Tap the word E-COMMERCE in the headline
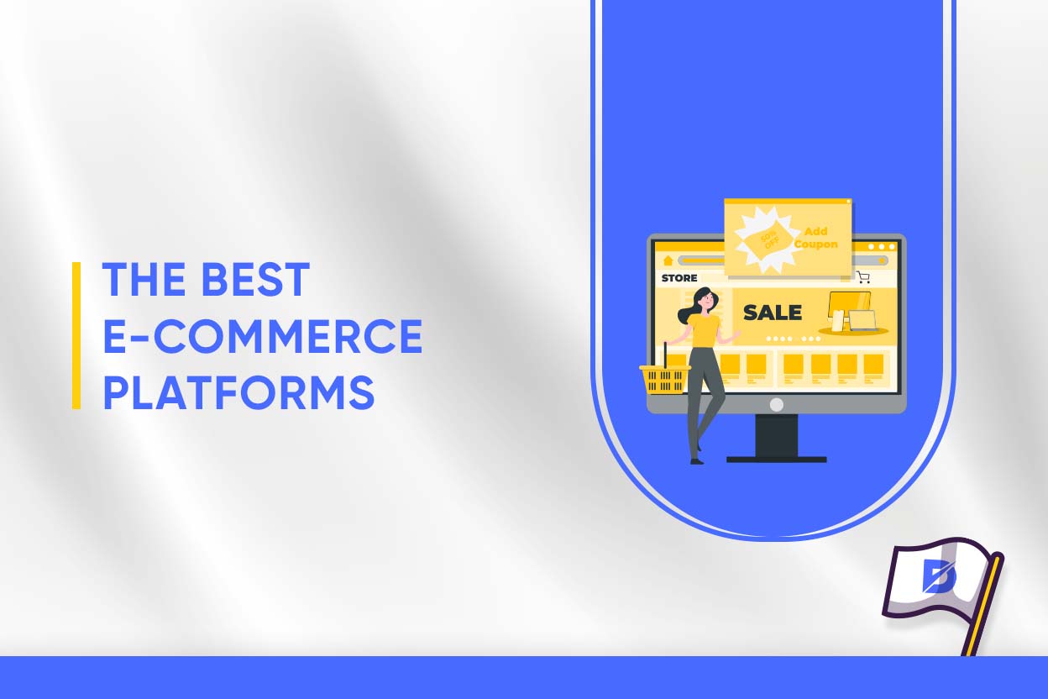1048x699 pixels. (262, 336)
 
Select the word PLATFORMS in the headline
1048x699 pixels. (238, 392)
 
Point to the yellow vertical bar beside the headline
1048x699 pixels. (76, 335)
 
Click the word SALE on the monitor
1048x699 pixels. (772, 313)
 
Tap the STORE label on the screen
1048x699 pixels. (679, 278)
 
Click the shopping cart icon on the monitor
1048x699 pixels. (863, 277)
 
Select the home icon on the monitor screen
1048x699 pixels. (668, 260)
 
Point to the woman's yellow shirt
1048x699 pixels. (705, 328)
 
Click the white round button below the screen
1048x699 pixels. (776, 404)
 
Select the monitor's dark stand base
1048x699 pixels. (776, 459)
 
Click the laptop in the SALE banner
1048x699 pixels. (862, 319)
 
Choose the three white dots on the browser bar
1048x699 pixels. (882, 246)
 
